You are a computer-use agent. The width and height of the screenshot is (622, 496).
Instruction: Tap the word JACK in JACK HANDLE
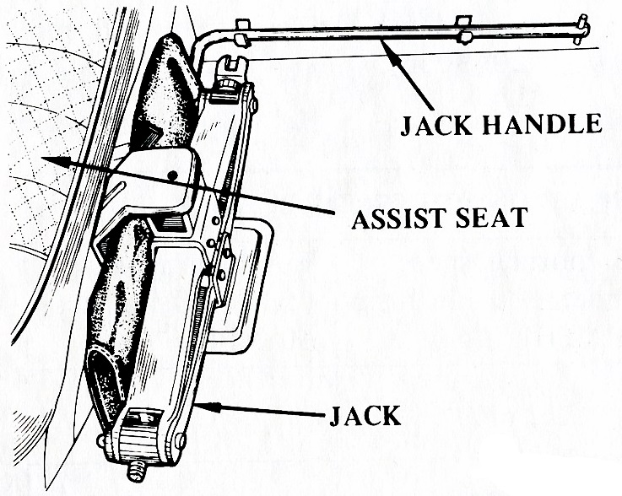coord(435,125)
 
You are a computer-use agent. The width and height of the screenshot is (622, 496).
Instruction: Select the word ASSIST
coord(399,218)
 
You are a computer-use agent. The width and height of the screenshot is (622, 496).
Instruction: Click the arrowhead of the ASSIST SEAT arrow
coord(56,161)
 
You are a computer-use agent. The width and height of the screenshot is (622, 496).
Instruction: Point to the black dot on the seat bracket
coord(172,175)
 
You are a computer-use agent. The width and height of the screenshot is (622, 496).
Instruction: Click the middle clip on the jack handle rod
coord(464,29)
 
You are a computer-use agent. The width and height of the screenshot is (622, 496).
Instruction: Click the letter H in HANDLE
coord(492,124)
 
